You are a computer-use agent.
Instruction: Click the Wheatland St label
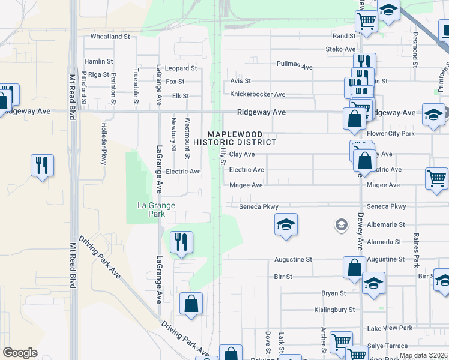[x=110, y=37]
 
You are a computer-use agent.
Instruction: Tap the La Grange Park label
[x=156, y=209]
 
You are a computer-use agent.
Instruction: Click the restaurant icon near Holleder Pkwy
[x=42, y=164]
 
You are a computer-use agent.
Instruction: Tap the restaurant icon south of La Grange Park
[x=181, y=242]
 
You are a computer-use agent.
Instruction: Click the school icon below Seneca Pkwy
[x=286, y=224]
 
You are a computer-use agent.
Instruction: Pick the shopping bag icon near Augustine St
[x=354, y=267]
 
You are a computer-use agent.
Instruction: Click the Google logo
[x=20, y=353]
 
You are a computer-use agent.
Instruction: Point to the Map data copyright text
[x=423, y=355]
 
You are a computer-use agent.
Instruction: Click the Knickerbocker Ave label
[x=258, y=94]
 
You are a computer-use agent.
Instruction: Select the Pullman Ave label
[x=295, y=65]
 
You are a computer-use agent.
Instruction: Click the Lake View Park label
[x=390, y=328]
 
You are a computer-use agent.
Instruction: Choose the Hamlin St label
[x=98, y=61]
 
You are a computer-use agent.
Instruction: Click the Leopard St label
[x=181, y=68]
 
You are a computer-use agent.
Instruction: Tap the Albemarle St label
[x=384, y=224]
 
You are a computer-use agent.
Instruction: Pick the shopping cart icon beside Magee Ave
[x=436, y=178]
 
